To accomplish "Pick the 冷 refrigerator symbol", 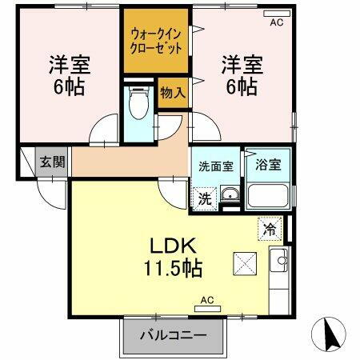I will (x=270, y=229).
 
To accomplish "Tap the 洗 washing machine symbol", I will (x=206, y=198).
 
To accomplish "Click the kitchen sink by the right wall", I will (x=280, y=259).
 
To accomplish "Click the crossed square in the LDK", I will (x=243, y=262).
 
